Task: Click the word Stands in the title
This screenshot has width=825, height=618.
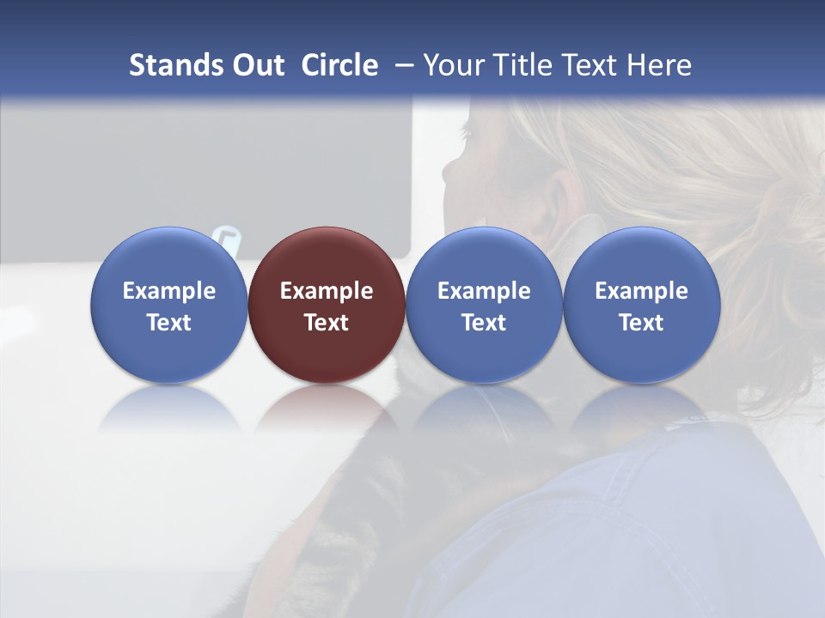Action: click(175, 65)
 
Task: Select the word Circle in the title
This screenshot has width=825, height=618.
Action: click(339, 65)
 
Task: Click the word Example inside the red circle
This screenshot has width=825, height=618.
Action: click(327, 291)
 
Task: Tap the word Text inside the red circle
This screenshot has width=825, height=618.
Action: click(327, 323)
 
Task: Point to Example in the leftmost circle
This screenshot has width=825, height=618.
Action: click(169, 291)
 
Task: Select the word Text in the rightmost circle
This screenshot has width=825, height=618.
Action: click(641, 323)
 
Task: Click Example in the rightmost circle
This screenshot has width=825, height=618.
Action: click(641, 291)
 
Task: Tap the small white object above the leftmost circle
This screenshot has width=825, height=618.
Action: click(227, 239)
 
